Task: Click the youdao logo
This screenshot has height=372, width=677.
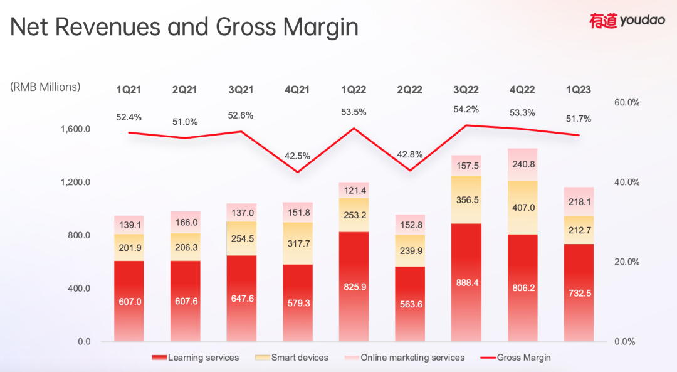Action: coord(627,21)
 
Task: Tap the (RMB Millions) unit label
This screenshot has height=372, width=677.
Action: coord(45,87)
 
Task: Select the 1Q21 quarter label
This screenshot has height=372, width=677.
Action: coord(129,90)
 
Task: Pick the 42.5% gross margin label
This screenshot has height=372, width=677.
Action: coord(297,155)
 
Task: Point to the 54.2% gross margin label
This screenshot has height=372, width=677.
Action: coord(466,109)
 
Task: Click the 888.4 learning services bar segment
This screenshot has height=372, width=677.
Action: coord(466,282)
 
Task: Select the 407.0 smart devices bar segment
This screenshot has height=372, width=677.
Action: coord(522,207)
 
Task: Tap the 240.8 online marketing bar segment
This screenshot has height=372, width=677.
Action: coord(522,165)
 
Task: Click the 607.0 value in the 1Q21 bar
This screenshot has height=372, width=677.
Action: coord(129,301)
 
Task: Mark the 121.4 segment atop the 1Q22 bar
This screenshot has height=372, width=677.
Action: coord(354,190)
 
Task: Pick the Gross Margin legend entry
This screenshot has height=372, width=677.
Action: coord(515,358)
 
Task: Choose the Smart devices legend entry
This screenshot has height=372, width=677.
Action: coord(293,358)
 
